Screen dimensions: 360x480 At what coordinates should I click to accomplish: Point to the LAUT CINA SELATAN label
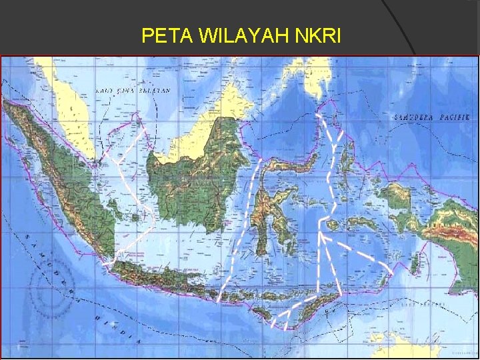tap(133, 90)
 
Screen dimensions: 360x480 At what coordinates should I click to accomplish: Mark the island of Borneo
tap(193, 173)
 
